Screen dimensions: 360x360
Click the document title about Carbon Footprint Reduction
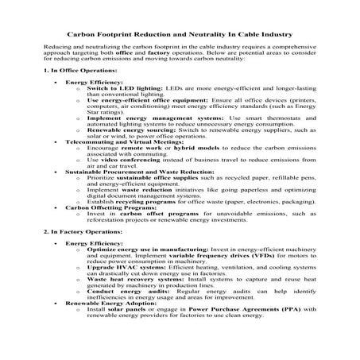point(179,35)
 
